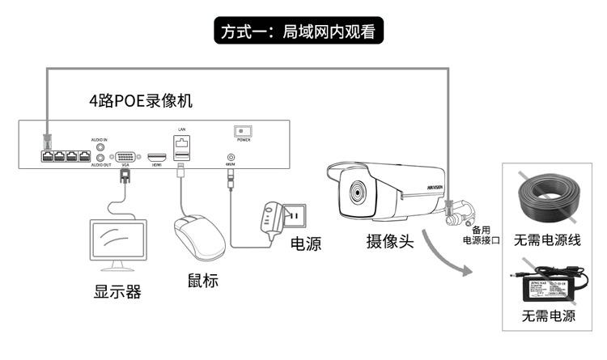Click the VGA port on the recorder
(x=125, y=158)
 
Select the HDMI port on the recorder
(x=157, y=155)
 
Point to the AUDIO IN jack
(x=100, y=146)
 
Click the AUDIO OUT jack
(x=100, y=159)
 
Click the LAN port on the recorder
(x=182, y=142)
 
